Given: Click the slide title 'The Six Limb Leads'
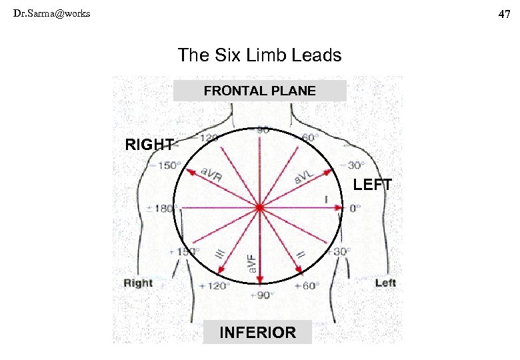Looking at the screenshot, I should [x=259, y=55].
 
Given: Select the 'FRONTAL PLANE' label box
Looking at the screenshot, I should [x=259, y=91].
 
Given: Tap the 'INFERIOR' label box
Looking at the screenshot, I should [x=258, y=332].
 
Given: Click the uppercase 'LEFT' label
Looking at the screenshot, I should [x=372, y=185].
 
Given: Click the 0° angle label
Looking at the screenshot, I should [x=355, y=208].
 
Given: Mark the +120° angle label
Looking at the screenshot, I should [x=214, y=285].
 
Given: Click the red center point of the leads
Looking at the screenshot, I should [x=260, y=208].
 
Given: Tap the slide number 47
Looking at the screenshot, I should [x=505, y=14].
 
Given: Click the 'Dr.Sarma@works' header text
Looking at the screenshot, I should [x=51, y=13].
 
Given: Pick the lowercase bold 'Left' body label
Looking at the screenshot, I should [x=385, y=283].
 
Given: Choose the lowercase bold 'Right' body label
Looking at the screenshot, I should [x=138, y=283].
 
